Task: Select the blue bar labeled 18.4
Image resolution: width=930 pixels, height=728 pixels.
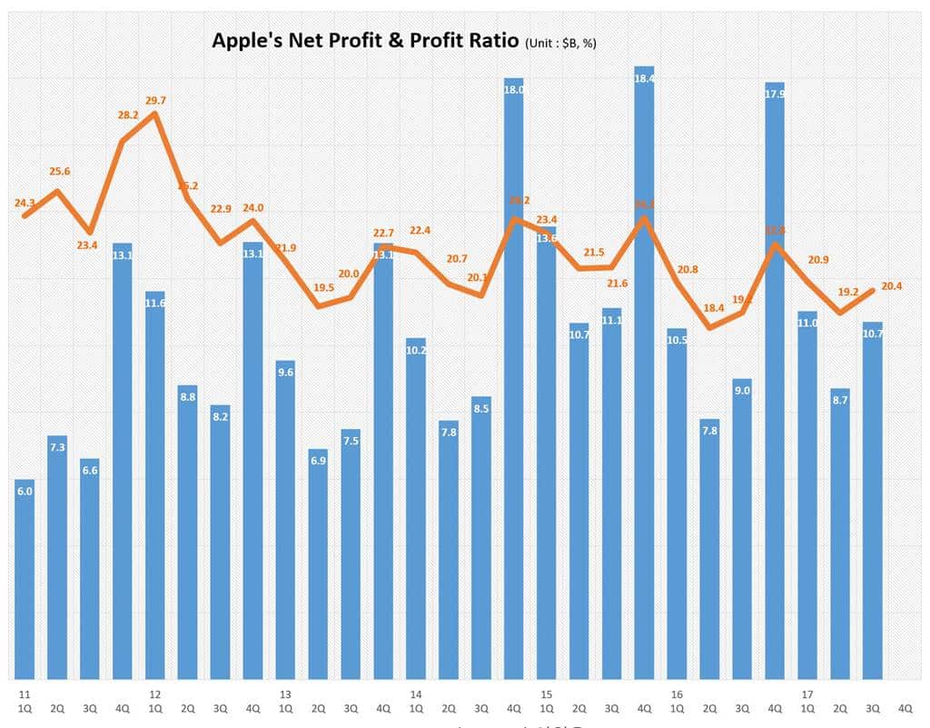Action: tap(644, 373)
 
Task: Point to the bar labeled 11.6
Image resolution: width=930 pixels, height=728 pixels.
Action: tap(154, 485)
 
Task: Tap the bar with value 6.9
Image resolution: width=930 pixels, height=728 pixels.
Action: tap(318, 563)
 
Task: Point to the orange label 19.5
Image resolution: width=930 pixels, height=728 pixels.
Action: tap(322, 288)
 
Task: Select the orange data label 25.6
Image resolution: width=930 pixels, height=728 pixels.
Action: tap(59, 172)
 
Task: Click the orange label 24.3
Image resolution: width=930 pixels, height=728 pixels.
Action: tap(25, 204)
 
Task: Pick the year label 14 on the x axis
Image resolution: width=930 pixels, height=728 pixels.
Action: tap(414, 693)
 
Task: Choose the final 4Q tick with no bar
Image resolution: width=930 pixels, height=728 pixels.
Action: tap(905, 707)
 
